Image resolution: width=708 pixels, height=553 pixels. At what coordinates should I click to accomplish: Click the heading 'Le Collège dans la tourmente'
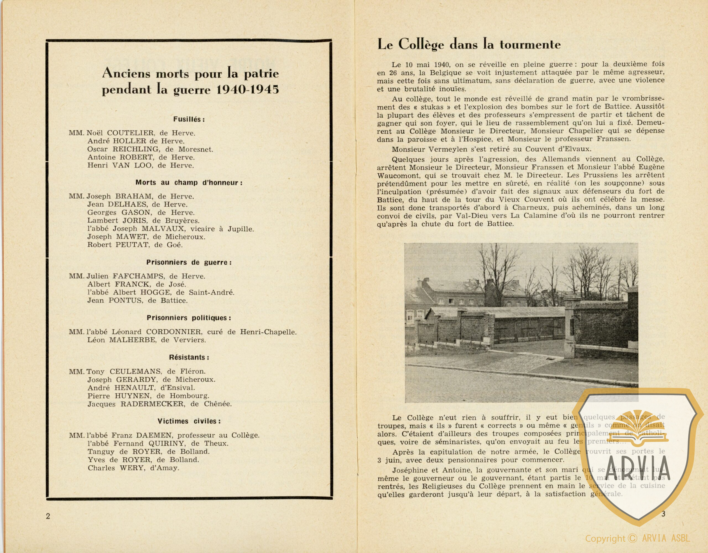tap(469, 45)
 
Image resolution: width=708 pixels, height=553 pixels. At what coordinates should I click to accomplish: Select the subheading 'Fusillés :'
tap(189, 119)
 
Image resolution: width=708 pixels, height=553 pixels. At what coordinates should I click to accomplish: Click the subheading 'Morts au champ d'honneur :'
tap(189, 182)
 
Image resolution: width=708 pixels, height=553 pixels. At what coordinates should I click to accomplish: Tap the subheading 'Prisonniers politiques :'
tap(189, 318)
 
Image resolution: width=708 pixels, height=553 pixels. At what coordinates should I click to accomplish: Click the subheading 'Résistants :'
tap(189, 358)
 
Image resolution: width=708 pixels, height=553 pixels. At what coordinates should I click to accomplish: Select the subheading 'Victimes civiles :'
tap(189, 421)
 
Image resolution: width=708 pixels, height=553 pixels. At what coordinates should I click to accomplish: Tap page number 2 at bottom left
tap(48, 517)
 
